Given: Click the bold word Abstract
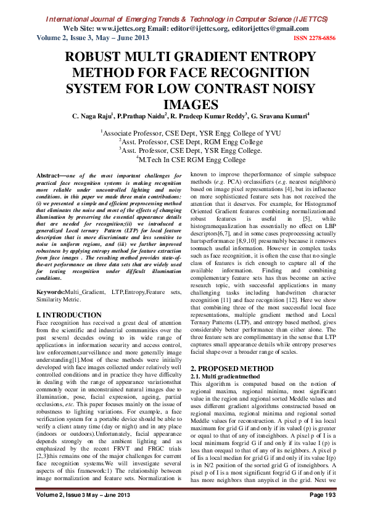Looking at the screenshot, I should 51,176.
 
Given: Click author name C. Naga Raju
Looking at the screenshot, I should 91,116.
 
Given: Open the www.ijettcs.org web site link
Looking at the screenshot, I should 105,28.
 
